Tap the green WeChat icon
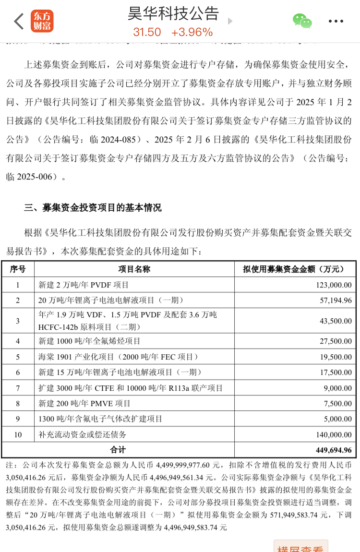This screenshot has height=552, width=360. click(302, 21)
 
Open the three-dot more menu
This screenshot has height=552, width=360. click(336, 22)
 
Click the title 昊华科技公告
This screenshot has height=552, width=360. click(173, 13)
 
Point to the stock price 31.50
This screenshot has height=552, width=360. click(147, 32)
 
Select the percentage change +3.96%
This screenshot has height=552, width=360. click(192, 32)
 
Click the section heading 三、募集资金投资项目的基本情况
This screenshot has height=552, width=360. click(93, 208)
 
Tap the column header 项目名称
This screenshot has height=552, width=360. click(134, 269)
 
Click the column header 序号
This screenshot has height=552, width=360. click(18, 269)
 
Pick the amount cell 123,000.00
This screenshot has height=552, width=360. click(334, 285)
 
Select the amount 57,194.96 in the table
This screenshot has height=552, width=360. click(335, 300)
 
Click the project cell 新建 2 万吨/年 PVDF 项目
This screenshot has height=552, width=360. click(84, 285)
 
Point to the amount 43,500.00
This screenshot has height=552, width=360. click(335, 321)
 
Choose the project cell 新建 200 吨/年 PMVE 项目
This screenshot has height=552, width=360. click(84, 404)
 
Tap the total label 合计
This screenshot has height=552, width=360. click(118, 450)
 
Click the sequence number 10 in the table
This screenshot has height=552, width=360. click(18, 435)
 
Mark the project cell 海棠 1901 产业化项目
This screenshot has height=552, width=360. click(118, 357)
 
